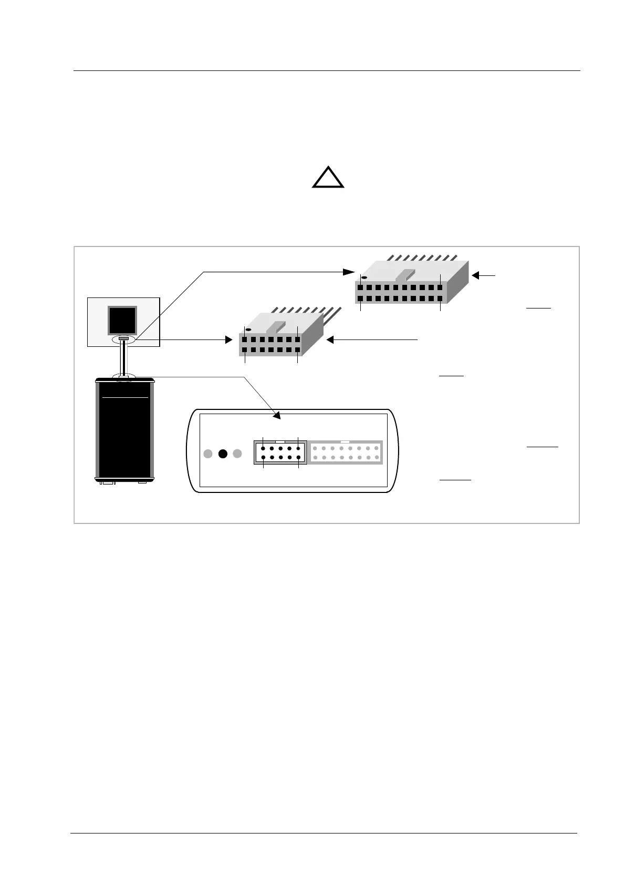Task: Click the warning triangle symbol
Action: pos(328,179)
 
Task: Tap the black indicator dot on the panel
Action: pos(223,454)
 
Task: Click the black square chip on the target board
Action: pos(122,320)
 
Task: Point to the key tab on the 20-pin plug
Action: pos(404,274)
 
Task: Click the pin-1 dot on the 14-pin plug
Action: pos(248,330)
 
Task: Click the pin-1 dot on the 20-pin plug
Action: pos(364,277)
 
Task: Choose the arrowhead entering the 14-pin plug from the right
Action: pos(330,340)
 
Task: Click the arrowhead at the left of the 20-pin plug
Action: pos(349,272)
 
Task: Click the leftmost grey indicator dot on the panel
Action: pos(208,454)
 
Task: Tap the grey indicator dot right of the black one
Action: pos(237,454)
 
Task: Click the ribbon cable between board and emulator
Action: pos(124,357)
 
